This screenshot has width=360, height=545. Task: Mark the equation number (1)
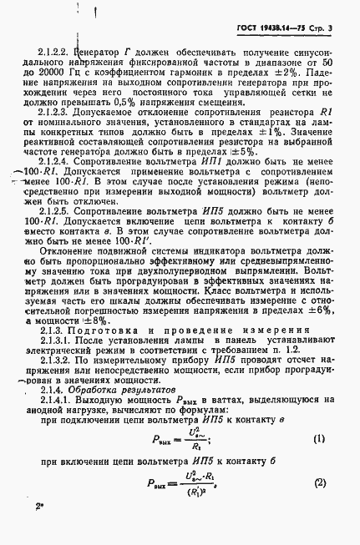tap(318, 440)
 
